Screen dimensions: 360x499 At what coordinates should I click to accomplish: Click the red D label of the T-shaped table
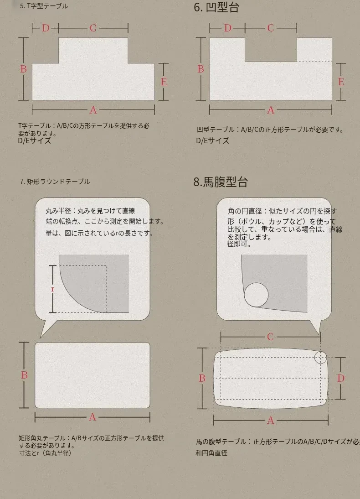click(46, 28)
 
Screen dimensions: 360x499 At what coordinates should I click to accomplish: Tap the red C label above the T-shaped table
click(93, 28)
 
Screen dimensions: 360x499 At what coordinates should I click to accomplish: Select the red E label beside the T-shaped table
click(164, 82)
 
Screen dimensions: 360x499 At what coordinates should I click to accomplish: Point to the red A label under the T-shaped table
click(93, 110)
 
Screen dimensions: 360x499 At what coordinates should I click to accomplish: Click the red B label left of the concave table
click(201, 69)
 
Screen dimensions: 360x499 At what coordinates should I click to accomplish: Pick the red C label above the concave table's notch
click(271, 28)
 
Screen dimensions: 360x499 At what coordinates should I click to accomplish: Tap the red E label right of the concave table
click(341, 82)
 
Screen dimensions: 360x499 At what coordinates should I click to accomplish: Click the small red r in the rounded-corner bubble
click(53, 289)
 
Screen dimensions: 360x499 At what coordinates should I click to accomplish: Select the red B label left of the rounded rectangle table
click(24, 375)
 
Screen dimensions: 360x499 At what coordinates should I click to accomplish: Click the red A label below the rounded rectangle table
click(93, 417)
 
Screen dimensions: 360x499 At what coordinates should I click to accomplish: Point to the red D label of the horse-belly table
click(341, 378)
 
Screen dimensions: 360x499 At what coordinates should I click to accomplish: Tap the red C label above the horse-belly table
click(270, 337)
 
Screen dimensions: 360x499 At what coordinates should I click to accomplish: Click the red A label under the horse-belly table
click(271, 421)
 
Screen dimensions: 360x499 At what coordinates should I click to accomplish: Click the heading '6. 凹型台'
click(216, 7)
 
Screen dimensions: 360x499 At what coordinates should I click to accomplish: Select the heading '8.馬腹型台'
click(221, 182)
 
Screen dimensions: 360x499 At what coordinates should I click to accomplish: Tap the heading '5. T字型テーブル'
click(44, 6)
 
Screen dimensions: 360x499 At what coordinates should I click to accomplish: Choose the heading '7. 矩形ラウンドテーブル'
click(55, 182)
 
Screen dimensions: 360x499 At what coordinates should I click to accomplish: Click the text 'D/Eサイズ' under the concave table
click(213, 140)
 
